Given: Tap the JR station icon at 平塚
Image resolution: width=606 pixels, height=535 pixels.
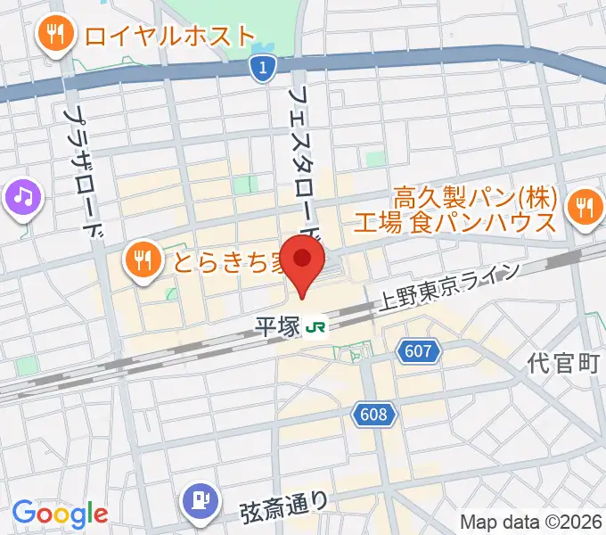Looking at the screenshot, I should (x=314, y=328).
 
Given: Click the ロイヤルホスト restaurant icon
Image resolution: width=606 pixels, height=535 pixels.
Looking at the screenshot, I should (x=55, y=36).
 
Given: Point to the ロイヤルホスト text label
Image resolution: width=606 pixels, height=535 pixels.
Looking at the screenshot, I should (x=170, y=37).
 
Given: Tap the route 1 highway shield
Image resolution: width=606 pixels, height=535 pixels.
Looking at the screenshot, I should (x=260, y=69).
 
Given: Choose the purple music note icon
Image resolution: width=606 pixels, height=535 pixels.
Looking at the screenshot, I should (x=22, y=196).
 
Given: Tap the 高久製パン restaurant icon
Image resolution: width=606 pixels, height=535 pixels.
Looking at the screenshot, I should (x=585, y=208).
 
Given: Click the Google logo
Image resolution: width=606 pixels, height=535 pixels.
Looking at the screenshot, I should (x=60, y=514).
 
